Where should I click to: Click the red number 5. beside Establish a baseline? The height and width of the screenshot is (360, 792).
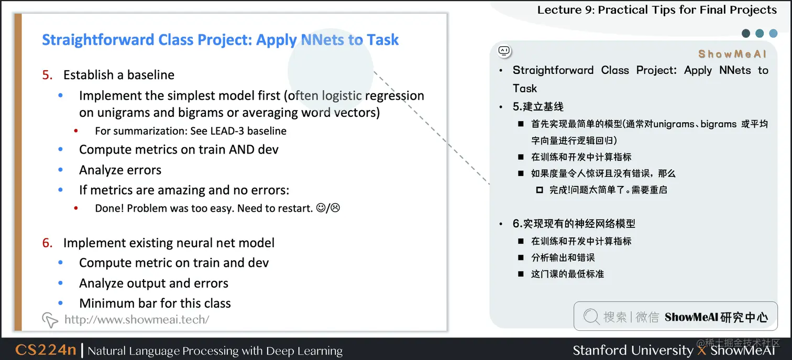[x=48, y=75]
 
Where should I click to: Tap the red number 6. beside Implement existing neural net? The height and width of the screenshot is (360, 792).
[x=48, y=243]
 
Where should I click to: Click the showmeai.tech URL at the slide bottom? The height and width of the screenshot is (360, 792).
[x=136, y=319]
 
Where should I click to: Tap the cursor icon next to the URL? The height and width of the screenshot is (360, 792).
[x=49, y=320]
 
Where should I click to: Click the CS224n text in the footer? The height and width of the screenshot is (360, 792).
[x=46, y=350]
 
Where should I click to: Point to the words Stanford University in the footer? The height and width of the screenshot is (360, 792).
[x=632, y=350]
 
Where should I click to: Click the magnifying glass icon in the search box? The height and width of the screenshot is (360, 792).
[x=591, y=317]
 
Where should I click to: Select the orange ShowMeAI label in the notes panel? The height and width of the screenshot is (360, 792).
[x=732, y=54]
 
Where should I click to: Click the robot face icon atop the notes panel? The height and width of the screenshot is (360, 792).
[x=504, y=51]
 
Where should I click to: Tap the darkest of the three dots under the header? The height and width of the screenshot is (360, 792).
[x=746, y=34]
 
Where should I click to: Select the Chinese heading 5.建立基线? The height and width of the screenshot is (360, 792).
[x=538, y=107]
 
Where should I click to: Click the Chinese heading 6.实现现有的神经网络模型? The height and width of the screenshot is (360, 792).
[x=574, y=224]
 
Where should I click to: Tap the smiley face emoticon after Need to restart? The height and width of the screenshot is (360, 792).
[x=321, y=208]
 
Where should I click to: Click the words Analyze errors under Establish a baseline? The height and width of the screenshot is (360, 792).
[x=120, y=170]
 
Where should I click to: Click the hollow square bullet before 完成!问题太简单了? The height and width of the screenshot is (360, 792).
[x=540, y=190]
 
